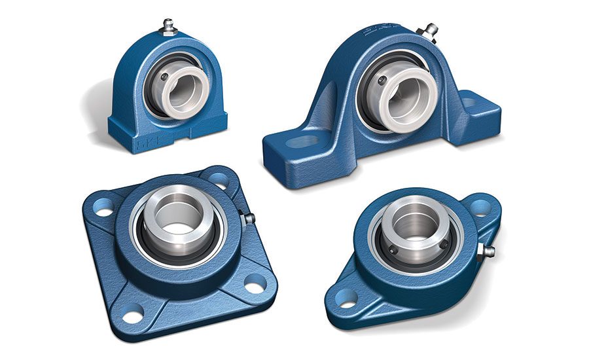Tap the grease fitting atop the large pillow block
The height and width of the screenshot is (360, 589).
(x=431, y=30)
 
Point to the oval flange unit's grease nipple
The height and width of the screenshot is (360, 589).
(x=485, y=251)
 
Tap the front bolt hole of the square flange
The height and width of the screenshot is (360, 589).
(x=132, y=317)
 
